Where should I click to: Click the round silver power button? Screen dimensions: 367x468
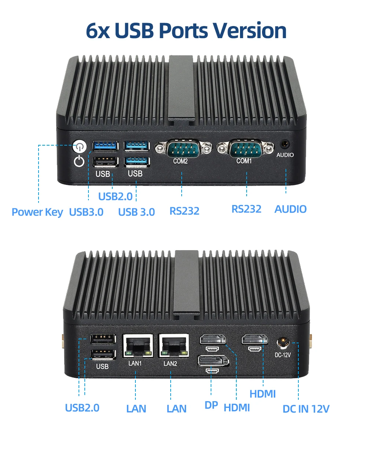pos(79,146)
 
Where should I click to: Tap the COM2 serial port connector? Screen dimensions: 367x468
pos(183,149)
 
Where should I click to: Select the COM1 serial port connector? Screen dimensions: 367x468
pos(245,149)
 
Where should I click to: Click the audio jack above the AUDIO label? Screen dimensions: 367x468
pos(285,144)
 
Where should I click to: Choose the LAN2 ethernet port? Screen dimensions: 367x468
pos(174,346)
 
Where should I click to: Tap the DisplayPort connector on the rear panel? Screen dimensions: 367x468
pos(213,361)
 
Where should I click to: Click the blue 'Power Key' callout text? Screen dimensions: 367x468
pos(37,212)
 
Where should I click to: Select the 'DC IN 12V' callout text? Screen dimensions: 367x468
pos(306,409)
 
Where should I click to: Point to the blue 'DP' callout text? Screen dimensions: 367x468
pos(211,405)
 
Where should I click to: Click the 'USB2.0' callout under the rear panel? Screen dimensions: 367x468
pos(82,408)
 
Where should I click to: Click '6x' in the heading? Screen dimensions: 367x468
pos(98,31)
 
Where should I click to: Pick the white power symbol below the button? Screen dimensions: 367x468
pos(79,161)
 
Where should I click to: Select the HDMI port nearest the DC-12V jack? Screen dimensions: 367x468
pos(254,339)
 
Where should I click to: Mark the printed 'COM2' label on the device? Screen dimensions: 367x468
pos(180,161)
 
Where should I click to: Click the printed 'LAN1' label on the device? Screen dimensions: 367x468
pos(135,363)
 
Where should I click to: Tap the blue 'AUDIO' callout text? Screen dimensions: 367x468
pos(290,209)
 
